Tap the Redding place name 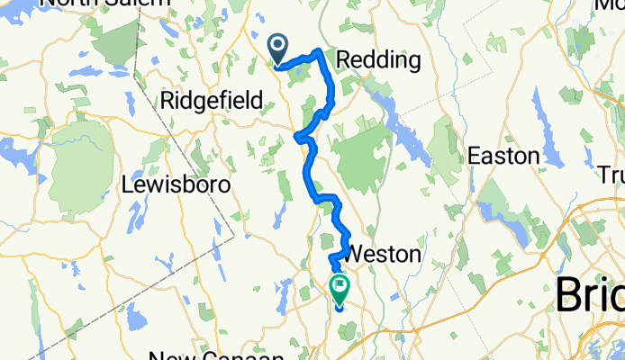click(378, 60)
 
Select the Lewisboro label click(177, 184)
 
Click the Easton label click(503, 156)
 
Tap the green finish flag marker click(340, 290)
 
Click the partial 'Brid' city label click(590, 294)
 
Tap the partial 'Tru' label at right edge click(614, 174)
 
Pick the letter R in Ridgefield click(166, 100)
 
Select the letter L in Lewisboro click(127, 184)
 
